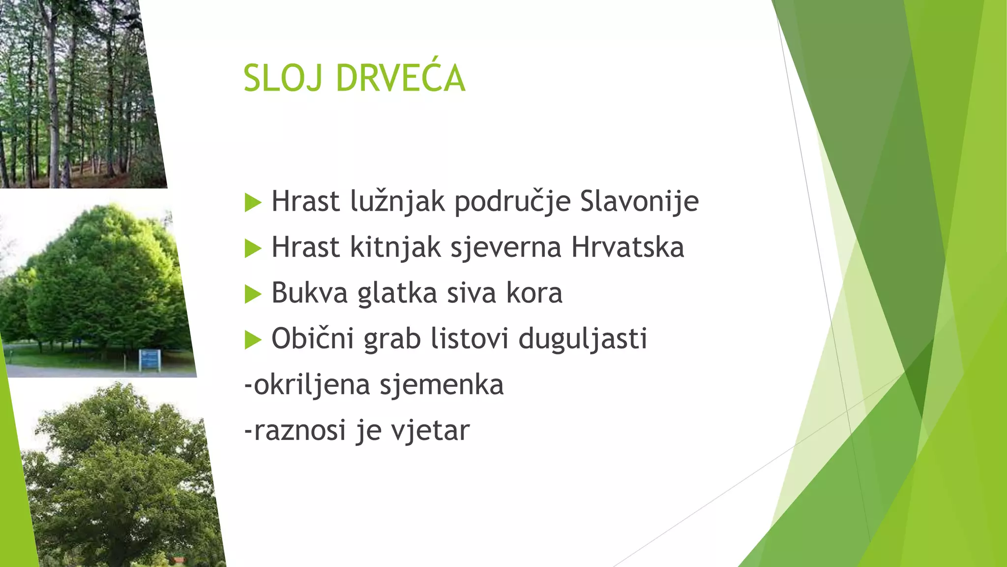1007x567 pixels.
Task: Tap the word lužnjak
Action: coord(397,202)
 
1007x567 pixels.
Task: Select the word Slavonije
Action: coord(639,202)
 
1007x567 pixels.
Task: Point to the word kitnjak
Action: coord(395,248)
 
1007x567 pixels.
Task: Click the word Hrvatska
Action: coord(627,248)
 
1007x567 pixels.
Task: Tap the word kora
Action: coord(534,293)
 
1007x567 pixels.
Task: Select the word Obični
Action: coord(312,339)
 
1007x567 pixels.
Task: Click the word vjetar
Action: coord(430,431)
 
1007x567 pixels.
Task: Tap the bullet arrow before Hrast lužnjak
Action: coord(253,203)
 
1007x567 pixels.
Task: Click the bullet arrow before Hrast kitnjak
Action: coord(253,249)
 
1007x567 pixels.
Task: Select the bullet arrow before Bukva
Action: coord(253,294)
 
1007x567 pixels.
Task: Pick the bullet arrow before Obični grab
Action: coord(253,340)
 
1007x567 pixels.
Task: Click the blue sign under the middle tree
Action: coord(150,360)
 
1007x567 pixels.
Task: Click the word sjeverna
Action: coord(505,248)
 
